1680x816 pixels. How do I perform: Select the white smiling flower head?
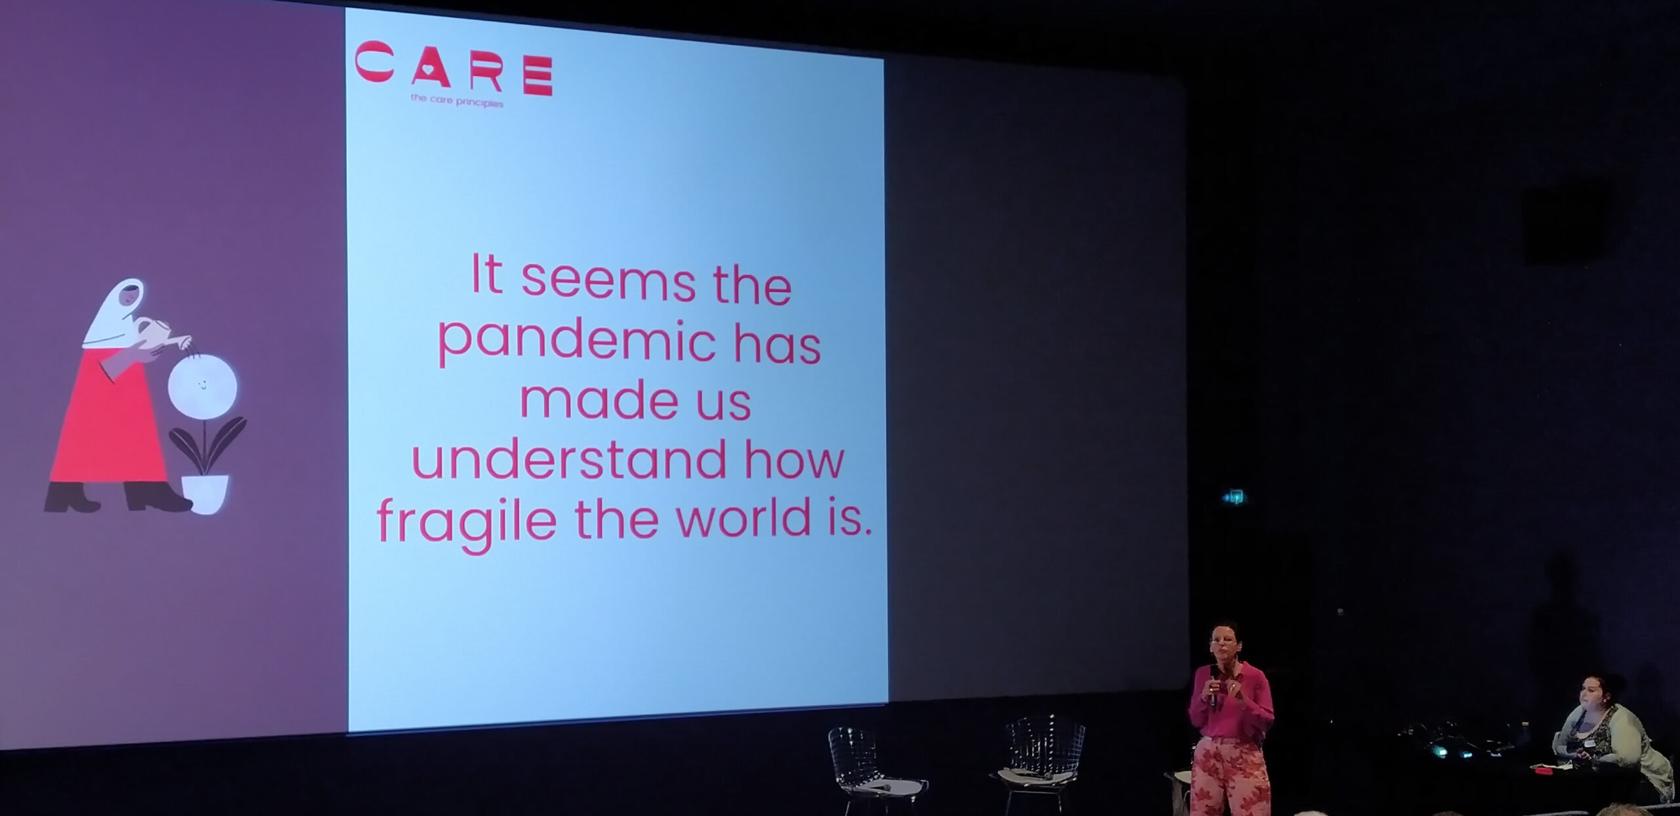pyautogui.click(x=202, y=387)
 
